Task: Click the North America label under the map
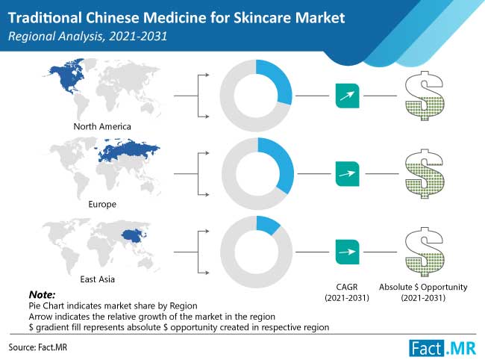[102, 126]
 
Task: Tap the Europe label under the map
[102, 205]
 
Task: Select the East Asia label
[98, 279]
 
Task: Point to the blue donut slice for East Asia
[268, 224]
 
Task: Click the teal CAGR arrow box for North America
[348, 96]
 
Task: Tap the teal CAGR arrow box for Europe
[348, 174]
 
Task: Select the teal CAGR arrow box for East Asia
[348, 252]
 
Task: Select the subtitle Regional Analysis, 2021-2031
[87, 36]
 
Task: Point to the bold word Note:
[42, 294]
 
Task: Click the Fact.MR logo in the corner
[442, 349]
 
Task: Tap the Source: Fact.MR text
[38, 347]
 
